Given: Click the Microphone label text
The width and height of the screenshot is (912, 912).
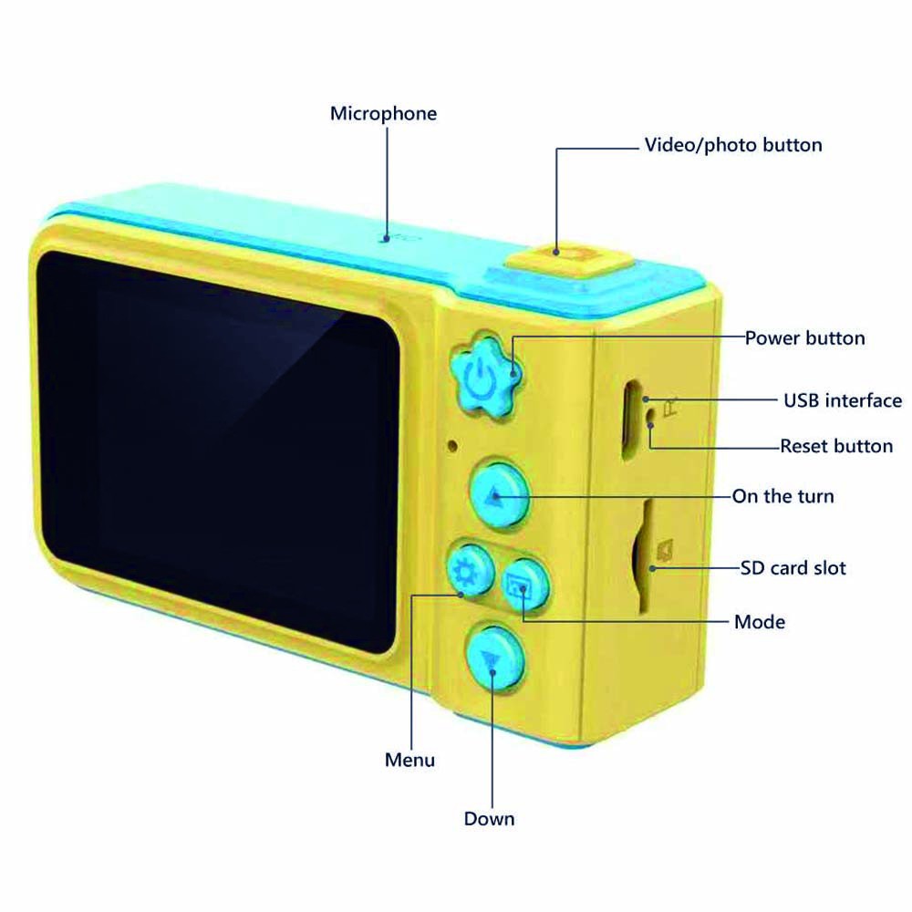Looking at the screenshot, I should [383, 114].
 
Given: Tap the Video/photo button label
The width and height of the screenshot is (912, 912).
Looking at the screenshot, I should [733, 145].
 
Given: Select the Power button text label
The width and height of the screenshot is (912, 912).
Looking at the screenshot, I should [804, 338].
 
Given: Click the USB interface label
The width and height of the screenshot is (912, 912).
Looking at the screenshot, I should [843, 400].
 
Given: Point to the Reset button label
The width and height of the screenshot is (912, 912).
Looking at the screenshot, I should [836, 446].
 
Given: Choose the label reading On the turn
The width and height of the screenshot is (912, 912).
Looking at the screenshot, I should [782, 497].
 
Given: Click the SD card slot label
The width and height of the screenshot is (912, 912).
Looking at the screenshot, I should [793, 567].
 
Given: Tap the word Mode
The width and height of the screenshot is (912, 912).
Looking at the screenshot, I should [759, 622].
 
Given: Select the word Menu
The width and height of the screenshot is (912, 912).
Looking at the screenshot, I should [409, 759].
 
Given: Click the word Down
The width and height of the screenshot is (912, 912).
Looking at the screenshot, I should [489, 818].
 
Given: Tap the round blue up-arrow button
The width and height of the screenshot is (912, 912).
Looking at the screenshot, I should [498, 495].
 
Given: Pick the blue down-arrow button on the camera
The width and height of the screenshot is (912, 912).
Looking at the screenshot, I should [493, 658].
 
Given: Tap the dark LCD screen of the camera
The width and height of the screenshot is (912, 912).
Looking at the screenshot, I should [219, 447].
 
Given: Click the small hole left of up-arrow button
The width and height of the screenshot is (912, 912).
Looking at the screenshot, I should [451, 446].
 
